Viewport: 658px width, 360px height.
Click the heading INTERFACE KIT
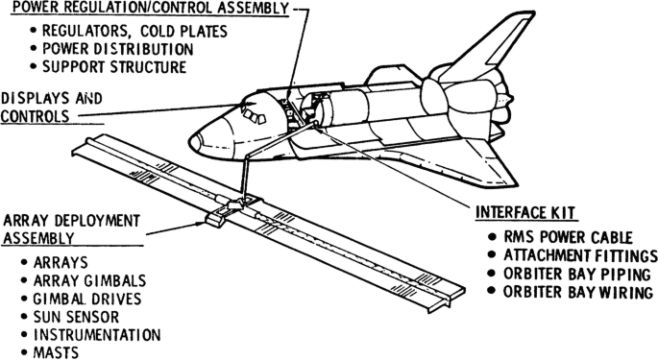(524, 212)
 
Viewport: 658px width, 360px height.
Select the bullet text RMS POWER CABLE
(568, 237)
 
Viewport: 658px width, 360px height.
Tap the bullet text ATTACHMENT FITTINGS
(580, 255)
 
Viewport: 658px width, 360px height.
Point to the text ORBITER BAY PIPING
(577, 274)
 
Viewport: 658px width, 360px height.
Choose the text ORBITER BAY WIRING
(578, 292)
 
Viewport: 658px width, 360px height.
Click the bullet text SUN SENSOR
(76, 317)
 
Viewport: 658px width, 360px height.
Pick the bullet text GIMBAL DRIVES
(87, 299)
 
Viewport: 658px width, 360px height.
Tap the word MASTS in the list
(56, 352)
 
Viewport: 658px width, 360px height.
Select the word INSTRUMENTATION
(97, 335)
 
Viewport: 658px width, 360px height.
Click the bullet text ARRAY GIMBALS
(89, 280)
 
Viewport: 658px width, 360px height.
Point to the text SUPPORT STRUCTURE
(114, 67)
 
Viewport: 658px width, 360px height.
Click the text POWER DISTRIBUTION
(118, 49)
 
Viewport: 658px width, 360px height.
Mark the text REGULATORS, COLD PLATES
(134, 31)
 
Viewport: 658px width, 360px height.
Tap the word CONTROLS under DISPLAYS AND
(35, 116)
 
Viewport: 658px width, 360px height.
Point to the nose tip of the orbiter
(190, 143)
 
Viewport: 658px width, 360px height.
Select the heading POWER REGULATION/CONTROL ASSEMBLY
(150, 8)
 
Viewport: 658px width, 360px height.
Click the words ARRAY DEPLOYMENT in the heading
(71, 220)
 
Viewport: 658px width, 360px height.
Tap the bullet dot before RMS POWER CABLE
(492, 237)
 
